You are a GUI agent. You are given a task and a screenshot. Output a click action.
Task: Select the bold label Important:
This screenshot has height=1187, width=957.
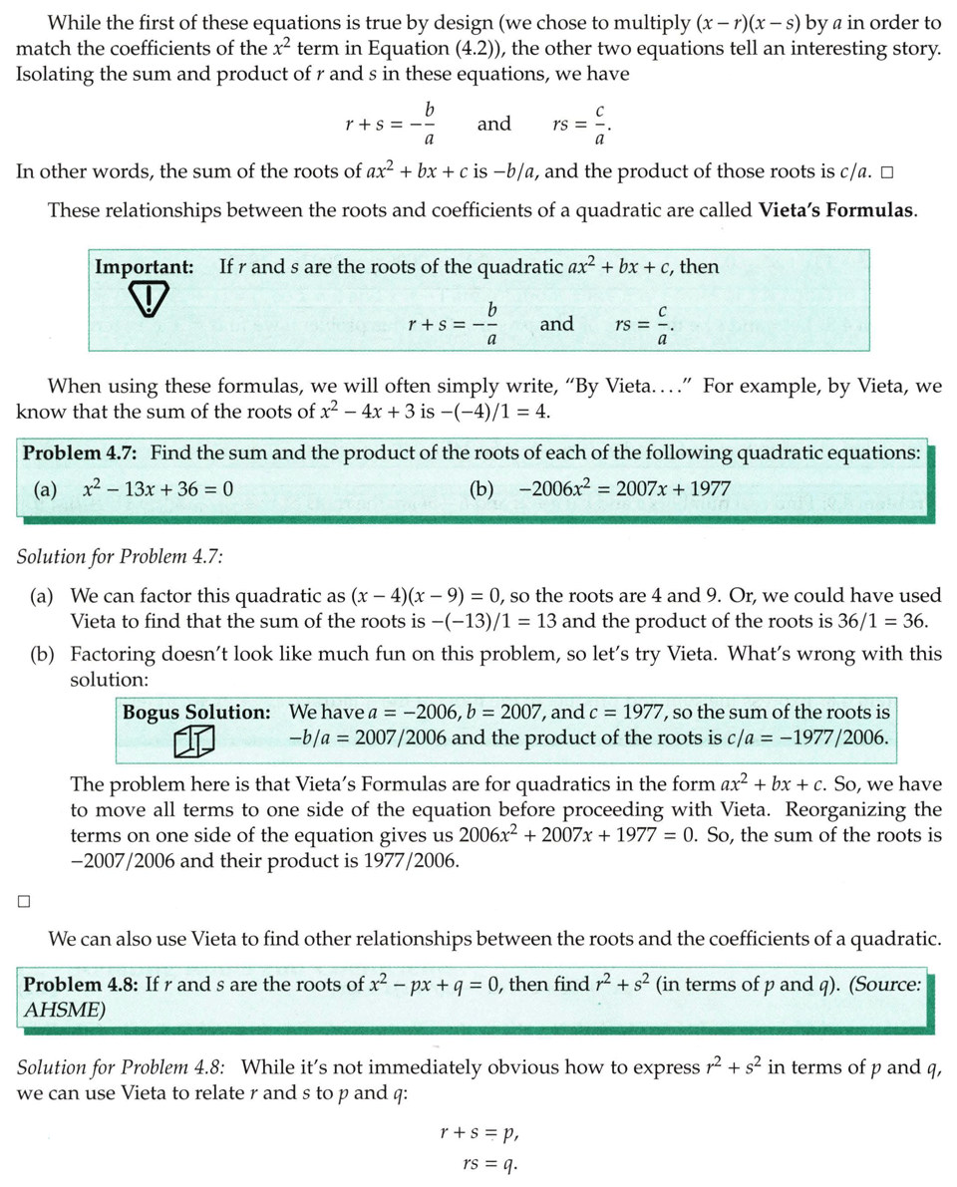(x=144, y=267)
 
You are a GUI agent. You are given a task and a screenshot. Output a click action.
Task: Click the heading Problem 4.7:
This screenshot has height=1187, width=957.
(x=81, y=452)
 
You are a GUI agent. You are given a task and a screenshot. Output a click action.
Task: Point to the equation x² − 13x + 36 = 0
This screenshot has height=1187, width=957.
(x=159, y=489)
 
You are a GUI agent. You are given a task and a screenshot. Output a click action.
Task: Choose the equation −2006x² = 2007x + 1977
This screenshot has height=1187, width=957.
(x=625, y=489)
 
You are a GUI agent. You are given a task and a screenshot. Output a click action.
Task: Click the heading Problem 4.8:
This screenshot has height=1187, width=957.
(x=81, y=985)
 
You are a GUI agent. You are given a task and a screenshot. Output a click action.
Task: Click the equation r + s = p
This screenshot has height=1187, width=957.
(x=479, y=1132)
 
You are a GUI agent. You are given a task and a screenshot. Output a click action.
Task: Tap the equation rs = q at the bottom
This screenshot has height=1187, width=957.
(x=489, y=1162)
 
